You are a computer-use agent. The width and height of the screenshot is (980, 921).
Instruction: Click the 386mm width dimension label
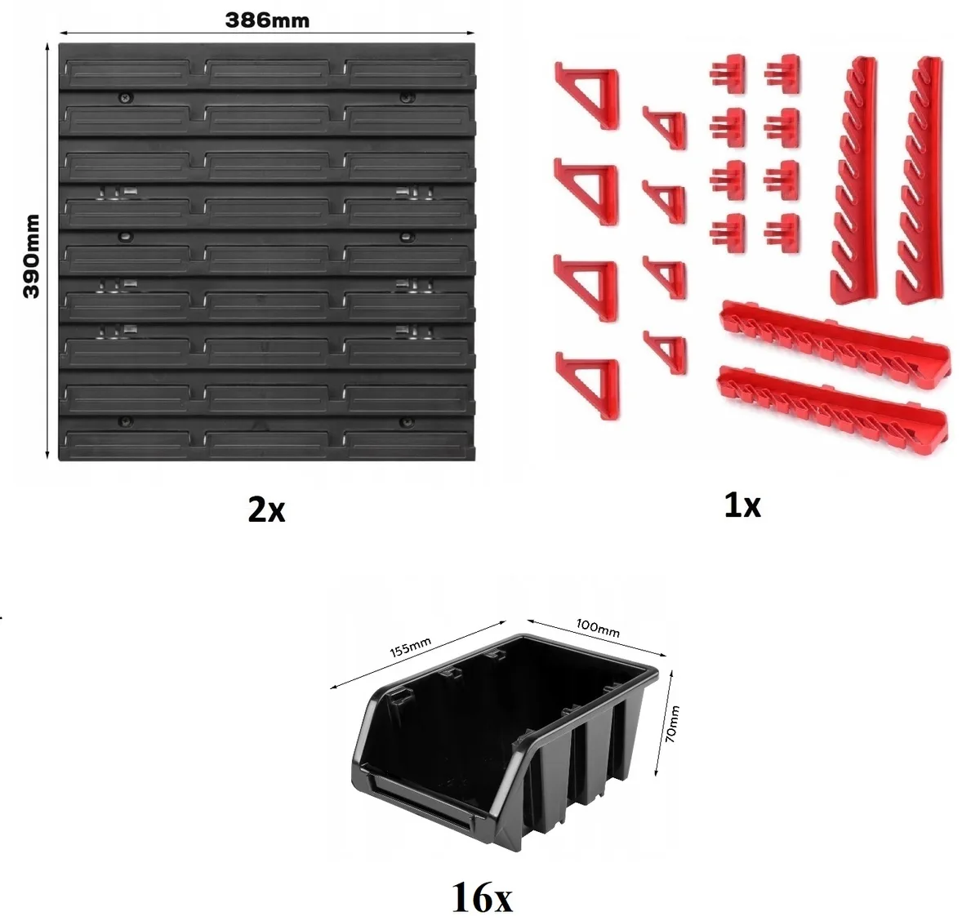267,20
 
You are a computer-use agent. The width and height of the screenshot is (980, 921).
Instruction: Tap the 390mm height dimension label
32,256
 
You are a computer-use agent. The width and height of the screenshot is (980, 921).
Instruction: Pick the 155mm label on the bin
411,647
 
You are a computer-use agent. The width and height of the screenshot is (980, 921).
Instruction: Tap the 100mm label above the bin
598,628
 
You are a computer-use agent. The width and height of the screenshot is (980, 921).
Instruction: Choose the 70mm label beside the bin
672,723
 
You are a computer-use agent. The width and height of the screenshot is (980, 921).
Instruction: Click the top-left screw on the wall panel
127,98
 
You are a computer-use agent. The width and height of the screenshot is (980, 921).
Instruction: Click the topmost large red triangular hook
587,96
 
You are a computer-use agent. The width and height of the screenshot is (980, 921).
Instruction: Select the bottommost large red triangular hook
587,385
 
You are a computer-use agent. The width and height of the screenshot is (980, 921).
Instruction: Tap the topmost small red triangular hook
665,127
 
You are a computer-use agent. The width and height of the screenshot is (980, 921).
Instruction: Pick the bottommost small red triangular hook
666,352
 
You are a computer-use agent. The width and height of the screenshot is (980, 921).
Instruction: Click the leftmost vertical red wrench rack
854,180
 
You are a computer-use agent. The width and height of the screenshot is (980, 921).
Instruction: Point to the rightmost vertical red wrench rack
920,180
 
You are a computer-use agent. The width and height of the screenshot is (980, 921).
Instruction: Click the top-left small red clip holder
728,74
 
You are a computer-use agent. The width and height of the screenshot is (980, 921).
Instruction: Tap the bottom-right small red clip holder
782,234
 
